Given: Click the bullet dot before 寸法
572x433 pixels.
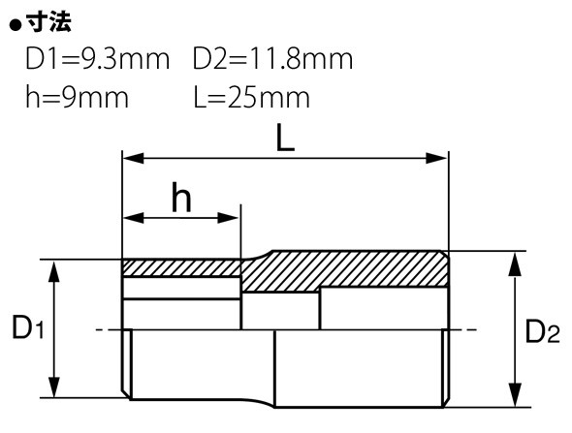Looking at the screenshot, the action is point(15,25).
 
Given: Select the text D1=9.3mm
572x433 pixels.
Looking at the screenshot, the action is point(98,59).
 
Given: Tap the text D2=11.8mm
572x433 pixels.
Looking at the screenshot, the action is point(272,59).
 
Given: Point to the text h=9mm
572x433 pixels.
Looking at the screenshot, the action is point(77,97).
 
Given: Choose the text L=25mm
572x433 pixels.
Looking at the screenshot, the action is point(252,97).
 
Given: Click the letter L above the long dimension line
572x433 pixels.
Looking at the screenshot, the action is point(284,138).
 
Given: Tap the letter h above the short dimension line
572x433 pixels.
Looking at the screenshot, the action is point(181,198).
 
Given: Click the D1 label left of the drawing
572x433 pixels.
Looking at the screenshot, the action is point(28,327).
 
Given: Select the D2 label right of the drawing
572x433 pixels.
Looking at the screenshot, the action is point(542,330).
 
